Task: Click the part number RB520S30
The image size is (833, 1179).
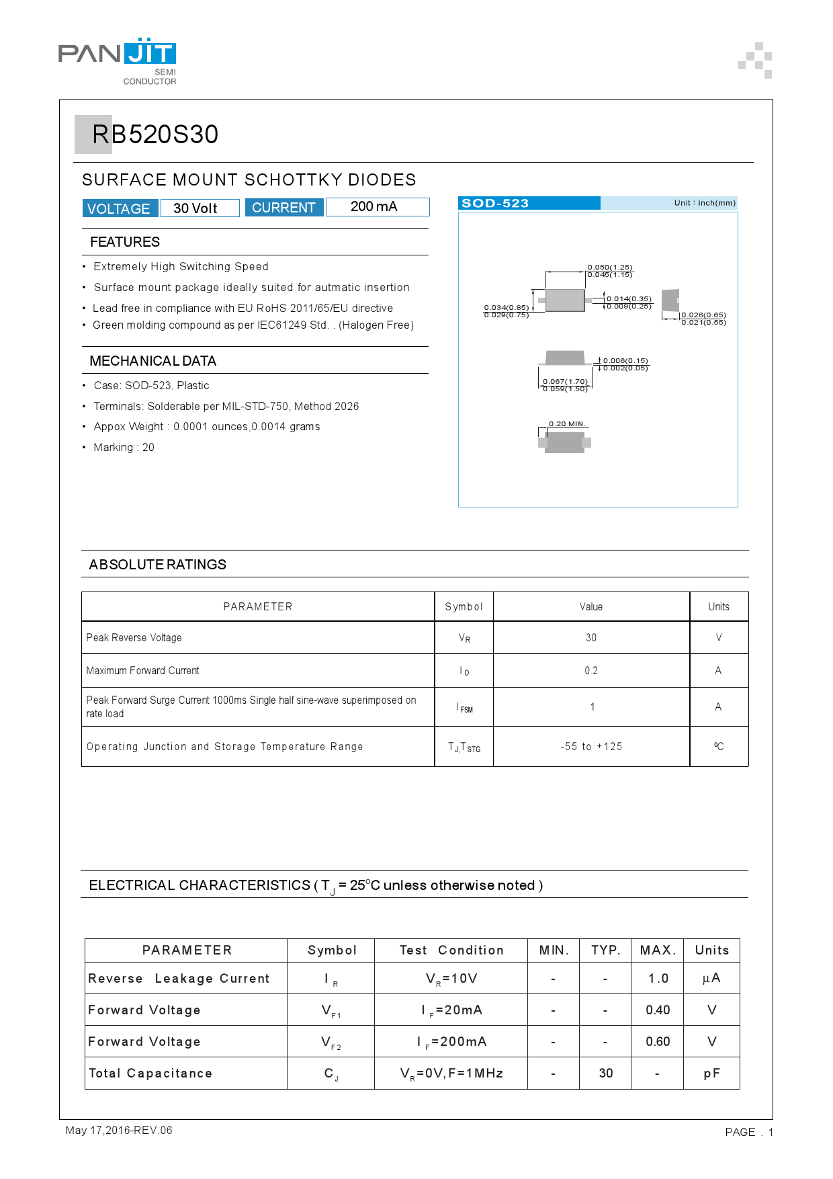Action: click(155, 134)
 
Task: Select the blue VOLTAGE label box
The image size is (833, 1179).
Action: click(120, 208)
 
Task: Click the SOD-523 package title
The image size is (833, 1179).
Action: click(495, 204)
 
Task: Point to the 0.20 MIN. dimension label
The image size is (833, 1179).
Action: click(568, 424)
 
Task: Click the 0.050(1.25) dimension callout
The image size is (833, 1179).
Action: click(610, 267)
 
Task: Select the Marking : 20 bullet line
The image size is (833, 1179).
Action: click(124, 448)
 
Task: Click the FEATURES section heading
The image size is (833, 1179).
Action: click(125, 242)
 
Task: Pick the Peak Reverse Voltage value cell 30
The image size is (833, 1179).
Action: click(591, 638)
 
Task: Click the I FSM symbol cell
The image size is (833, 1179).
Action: click(464, 708)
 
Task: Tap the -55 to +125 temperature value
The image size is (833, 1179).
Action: click(591, 747)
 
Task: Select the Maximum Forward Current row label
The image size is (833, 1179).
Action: click(143, 671)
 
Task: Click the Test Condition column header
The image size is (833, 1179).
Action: click(451, 950)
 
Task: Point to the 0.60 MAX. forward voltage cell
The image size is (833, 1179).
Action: click(658, 1042)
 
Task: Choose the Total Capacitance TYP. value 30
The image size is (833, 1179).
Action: click(606, 1073)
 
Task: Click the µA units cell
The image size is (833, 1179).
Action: click(711, 979)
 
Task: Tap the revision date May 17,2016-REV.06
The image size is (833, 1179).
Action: click(119, 1131)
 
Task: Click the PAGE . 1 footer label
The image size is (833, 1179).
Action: click(749, 1133)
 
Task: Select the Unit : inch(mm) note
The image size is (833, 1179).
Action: click(705, 203)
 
